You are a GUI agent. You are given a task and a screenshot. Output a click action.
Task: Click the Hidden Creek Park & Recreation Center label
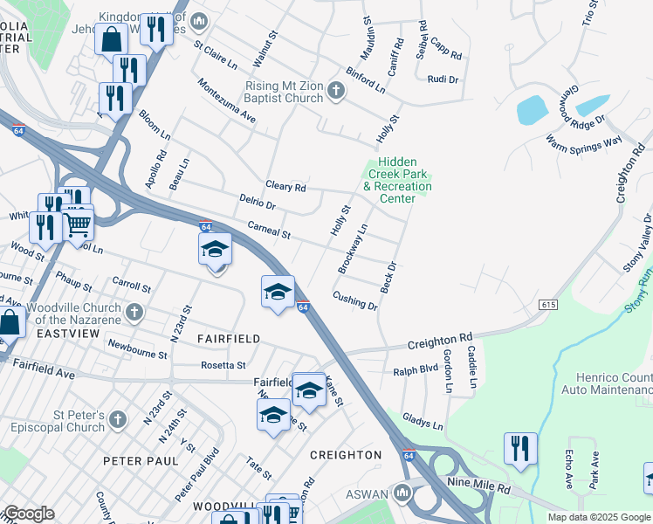(397, 180)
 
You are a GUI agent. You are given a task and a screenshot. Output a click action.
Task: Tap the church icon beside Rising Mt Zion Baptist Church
(337, 89)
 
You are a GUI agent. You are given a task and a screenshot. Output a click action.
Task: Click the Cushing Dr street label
(355, 300)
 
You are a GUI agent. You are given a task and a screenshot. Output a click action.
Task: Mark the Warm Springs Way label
(583, 140)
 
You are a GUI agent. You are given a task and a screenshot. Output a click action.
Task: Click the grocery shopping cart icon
(79, 224)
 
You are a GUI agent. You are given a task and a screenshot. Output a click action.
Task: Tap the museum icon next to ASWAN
(402, 493)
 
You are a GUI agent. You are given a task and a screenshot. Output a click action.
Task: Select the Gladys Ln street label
(423, 424)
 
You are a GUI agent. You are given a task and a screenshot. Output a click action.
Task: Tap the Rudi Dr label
(443, 79)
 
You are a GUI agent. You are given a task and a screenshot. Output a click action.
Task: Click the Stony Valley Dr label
(637, 245)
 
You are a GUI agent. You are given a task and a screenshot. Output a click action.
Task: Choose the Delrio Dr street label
(258, 203)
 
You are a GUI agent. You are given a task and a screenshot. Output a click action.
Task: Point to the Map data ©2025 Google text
(599, 517)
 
